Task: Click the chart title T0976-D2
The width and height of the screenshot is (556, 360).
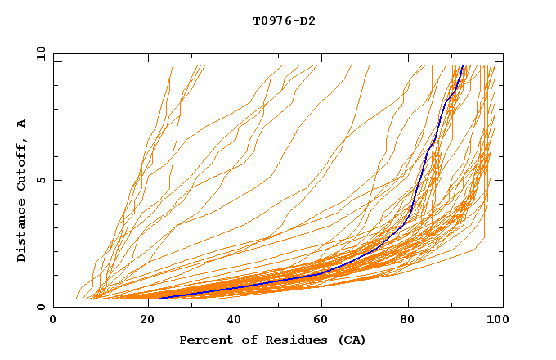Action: [x=284, y=20]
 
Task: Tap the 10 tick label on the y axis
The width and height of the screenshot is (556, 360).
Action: [x=38, y=53]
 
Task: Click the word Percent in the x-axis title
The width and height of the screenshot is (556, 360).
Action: [x=202, y=340]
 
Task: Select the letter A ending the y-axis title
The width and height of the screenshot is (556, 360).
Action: [x=21, y=124]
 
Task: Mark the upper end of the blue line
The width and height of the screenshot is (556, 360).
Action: [x=462, y=67]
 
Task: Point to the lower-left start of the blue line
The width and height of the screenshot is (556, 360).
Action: [x=159, y=298]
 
